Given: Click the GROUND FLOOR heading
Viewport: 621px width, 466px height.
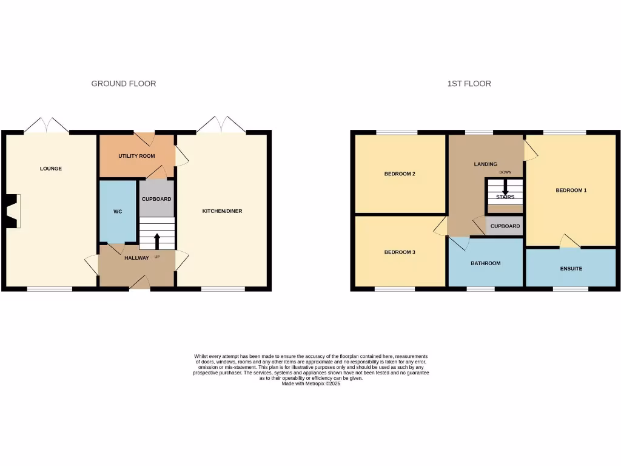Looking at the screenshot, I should click(124, 84).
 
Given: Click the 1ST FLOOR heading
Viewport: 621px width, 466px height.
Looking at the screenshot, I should click(469, 84).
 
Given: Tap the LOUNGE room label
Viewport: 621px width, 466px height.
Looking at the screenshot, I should click(51, 169).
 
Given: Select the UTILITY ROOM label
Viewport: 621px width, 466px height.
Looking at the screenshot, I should click(136, 156).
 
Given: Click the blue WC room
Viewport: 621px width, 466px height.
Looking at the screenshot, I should click(118, 212).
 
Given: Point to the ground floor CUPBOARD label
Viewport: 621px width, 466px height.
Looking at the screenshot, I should click(156, 199).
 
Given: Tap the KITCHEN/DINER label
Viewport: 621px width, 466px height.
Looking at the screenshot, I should click(222, 211).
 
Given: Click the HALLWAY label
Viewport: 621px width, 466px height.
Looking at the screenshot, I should click(136, 258).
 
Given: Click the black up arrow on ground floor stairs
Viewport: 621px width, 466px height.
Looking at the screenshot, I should click(157, 241).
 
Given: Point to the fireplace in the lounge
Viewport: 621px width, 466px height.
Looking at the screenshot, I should click(13, 211).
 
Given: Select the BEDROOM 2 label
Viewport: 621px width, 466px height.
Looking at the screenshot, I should click(400, 174).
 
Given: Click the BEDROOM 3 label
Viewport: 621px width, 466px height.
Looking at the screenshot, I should click(400, 252).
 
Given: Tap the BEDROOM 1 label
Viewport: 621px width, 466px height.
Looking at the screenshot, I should click(571, 191).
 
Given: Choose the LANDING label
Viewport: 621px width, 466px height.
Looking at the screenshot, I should click(485, 164).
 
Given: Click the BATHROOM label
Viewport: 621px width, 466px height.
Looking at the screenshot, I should click(486, 263).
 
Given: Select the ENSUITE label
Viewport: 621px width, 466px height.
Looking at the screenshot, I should click(571, 268).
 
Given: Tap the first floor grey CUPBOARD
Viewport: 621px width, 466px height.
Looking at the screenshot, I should click(505, 226).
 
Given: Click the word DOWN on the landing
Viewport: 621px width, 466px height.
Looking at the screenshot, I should click(505, 172).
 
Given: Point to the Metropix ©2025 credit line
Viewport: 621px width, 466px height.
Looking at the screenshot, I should click(311, 383).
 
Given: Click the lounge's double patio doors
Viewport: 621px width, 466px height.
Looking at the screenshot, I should click(46, 125).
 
